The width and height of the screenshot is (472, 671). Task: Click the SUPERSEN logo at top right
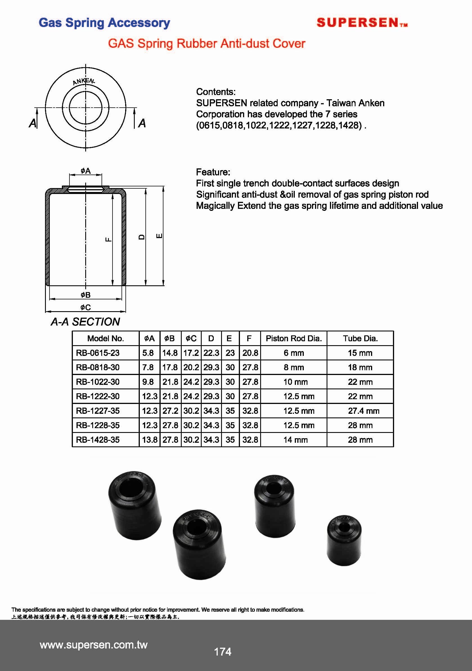click(362, 22)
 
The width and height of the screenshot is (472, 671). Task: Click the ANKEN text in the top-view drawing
click(84, 81)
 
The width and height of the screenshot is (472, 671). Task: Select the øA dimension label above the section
click(86, 171)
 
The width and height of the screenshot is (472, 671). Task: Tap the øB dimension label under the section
click(86, 295)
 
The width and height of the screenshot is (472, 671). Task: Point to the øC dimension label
click(86, 307)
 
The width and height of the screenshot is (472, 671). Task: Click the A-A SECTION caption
click(85, 322)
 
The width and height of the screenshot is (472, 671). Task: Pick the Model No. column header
click(105, 338)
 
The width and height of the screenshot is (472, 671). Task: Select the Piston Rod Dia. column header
click(294, 338)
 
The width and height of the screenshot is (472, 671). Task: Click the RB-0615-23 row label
click(98, 353)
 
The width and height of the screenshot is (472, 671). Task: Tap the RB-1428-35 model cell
click(98, 440)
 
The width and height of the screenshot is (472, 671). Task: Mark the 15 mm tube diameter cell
click(360, 353)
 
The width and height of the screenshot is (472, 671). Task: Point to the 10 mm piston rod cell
click(295, 382)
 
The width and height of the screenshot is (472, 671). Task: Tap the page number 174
click(222, 651)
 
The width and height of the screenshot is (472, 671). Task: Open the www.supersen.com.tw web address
click(94, 644)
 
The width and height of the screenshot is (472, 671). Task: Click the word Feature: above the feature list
click(213, 172)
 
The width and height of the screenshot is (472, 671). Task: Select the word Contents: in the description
click(215, 92)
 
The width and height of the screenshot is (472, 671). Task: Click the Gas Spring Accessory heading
click(104, 23)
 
